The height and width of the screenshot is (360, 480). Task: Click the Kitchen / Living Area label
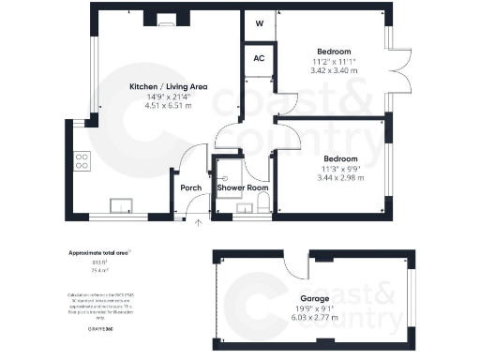point(169,86)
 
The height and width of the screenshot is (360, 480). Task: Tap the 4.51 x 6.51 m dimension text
point(169,105)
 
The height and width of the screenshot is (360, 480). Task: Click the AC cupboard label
point(259,57)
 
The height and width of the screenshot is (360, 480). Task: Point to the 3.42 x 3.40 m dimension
point(334,70)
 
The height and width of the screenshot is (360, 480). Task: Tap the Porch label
point(191,187)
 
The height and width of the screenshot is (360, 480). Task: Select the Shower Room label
point(243,187)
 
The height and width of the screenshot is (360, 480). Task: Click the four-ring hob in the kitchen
point(82,162)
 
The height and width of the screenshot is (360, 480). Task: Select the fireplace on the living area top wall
point(166,16)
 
